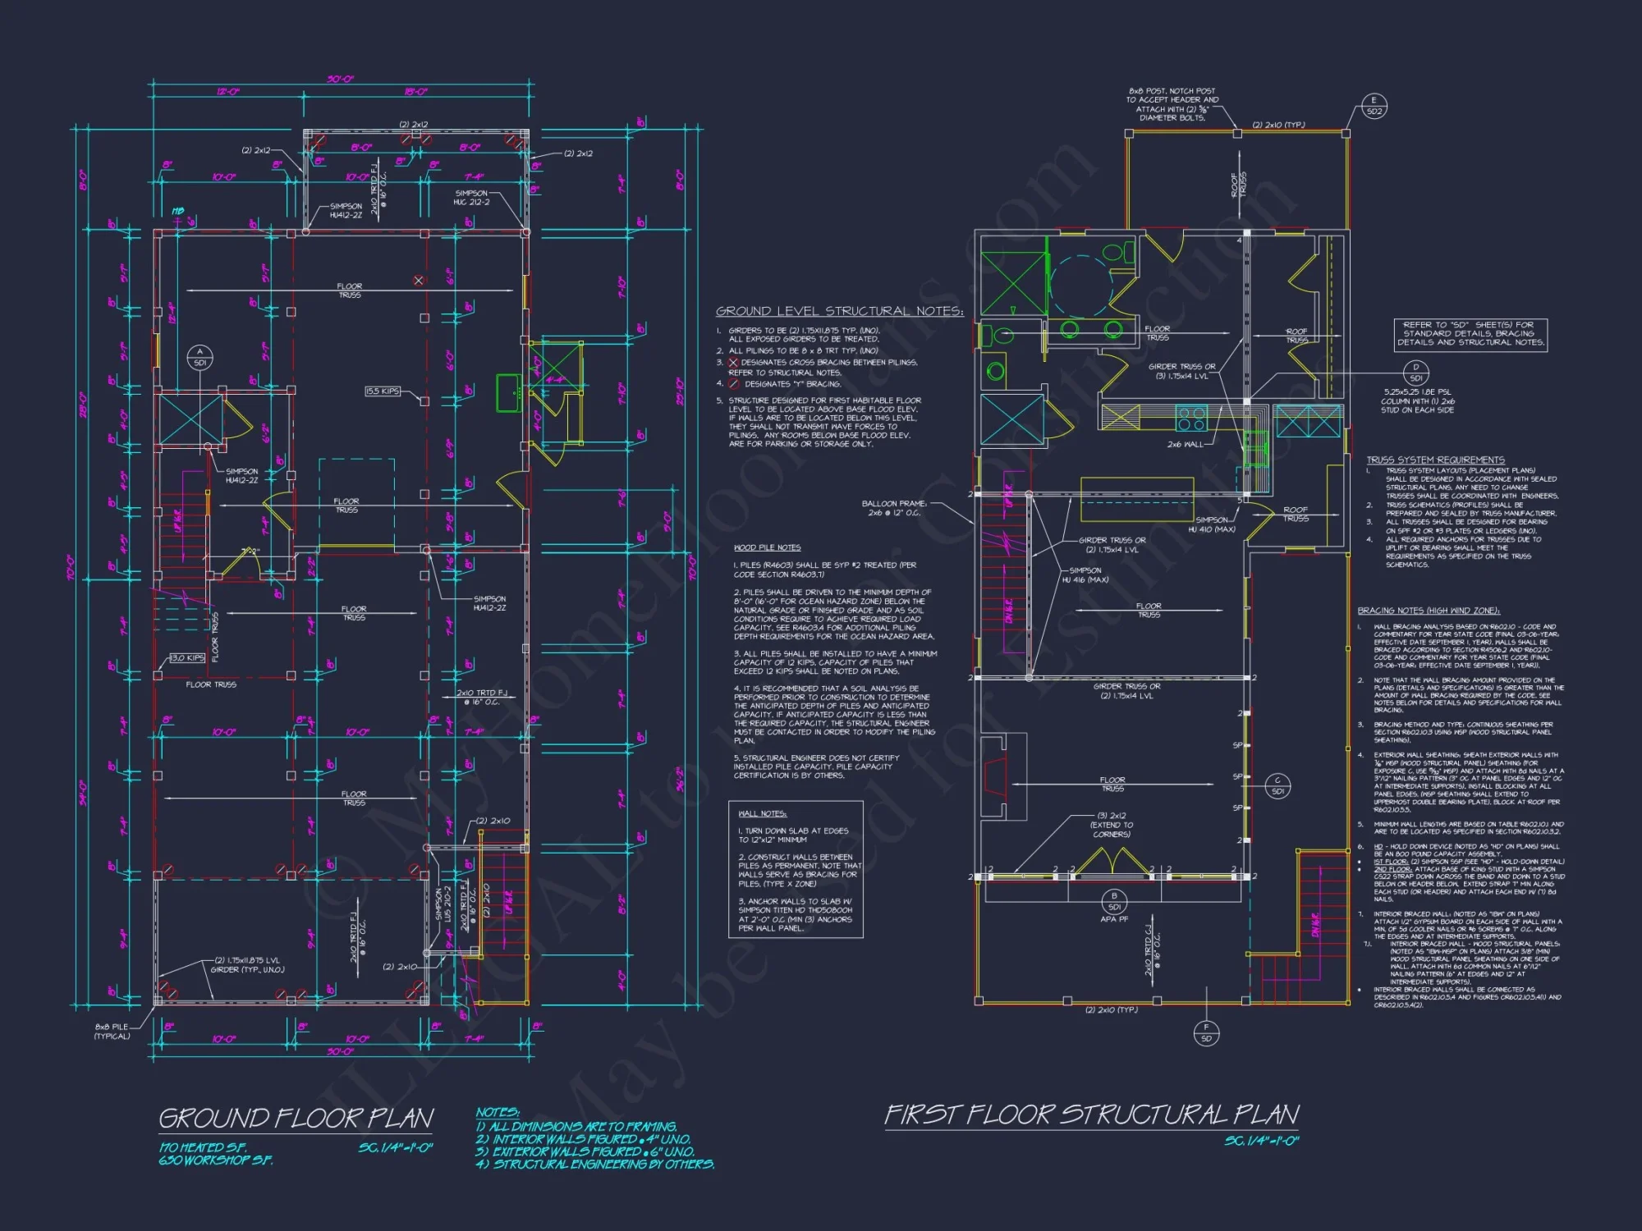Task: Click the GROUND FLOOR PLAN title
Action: click(x=296, y=1118)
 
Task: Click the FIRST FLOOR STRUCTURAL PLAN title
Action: click(x=1091, y=1114)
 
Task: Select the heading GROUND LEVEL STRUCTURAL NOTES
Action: click(x=839, y=311)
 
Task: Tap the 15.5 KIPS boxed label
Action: click(x=383, y=391)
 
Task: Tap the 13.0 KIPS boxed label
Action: click(x=187, y=658)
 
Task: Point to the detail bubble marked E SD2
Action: click(x=1374, y=106)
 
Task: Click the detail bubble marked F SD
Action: click(x=1206, y=1032)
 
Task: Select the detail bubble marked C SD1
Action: click(x=1277, y=785)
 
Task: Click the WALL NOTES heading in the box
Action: click(x=762, y=813)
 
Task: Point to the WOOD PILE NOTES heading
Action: click(x=767, y=547)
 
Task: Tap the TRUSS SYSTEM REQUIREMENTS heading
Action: click(x=1435, y=460)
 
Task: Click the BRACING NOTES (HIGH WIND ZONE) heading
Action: click(x=1428, y=611)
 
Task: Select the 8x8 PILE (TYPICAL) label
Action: click(x=112, y=1032)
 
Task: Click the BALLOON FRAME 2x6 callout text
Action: click(x=894, y=508)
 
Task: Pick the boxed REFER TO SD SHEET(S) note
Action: click(x=1470, y=334)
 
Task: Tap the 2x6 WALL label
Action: click(x=1185, y=444)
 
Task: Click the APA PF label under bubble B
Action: click(x=1114, y=919)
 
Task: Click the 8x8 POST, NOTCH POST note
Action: click(x=1172, y=104)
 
